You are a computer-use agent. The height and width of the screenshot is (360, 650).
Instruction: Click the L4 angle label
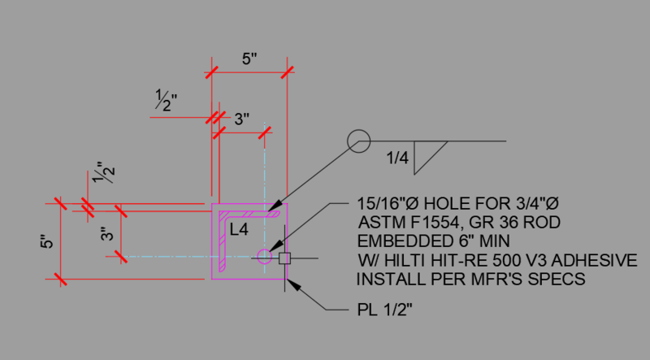[239, 229]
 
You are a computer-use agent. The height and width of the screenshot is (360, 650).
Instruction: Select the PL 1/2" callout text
[384, 310]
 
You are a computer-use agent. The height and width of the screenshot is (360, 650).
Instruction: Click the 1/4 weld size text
[397, 158]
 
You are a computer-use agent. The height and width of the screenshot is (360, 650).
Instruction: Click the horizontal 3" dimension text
[241, 119]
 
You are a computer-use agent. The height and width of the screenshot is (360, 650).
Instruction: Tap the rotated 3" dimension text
[106, 233]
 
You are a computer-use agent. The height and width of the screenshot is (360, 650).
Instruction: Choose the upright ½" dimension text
[166, 101]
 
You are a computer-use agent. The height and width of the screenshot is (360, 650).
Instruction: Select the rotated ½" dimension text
[103, 172]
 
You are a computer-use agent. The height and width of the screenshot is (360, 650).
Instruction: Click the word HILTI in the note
[406, 261]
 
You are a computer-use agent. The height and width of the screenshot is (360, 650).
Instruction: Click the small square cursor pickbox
[284, 258]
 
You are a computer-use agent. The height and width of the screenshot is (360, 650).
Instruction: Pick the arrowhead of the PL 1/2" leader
[292, 285]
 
